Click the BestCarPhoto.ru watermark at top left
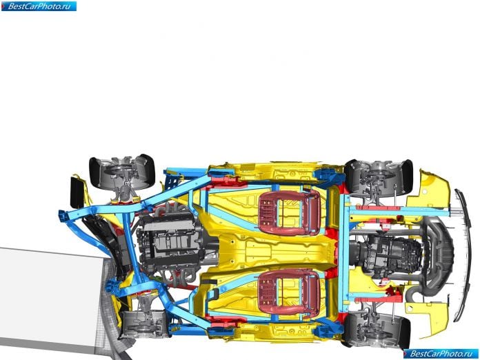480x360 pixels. coord(39,6)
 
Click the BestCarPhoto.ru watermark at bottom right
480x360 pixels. coord(441,354)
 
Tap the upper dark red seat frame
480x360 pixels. coord(290,212)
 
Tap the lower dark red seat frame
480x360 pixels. coord(290,292)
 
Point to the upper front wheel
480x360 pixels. coord(122,172)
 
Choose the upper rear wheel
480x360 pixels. coord(379,177)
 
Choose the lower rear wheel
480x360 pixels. coord(376,329)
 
